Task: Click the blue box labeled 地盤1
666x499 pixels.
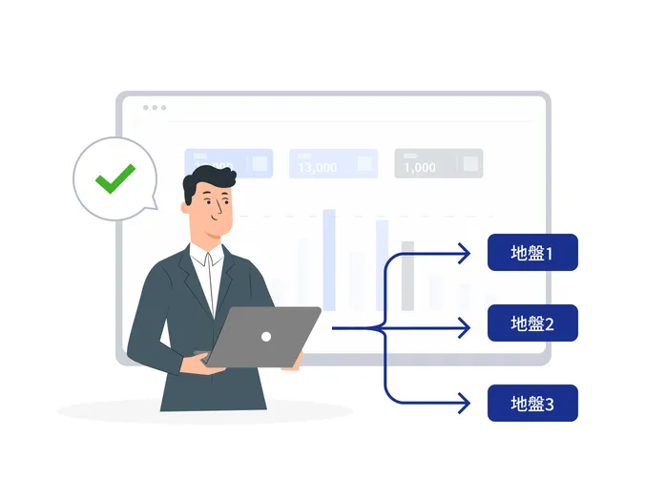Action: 532,253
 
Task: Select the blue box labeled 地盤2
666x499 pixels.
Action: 532,323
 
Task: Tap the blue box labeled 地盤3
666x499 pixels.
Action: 532,403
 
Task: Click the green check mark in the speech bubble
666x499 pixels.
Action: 114,177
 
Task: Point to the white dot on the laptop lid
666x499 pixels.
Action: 266,336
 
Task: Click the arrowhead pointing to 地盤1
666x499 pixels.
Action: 465,253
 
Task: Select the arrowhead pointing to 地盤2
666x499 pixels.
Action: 465,328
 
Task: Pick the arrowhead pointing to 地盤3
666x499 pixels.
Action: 465,404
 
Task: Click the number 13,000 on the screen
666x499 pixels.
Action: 317,167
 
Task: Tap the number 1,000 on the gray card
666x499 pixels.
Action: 420,167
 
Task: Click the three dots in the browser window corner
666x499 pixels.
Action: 155,108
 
